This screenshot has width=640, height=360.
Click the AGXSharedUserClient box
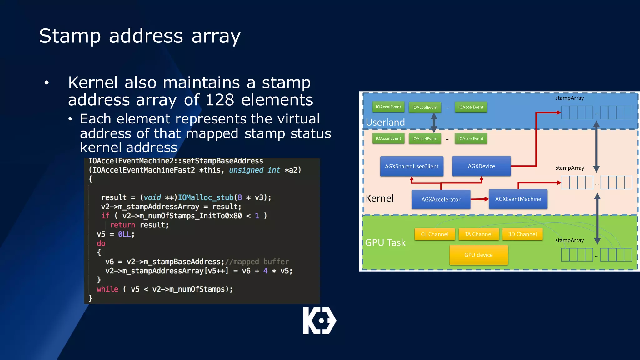[412, 166]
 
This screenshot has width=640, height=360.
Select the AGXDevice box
[481, 166]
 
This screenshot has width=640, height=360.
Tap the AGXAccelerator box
[441, 199]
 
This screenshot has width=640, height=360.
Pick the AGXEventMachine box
[518, 199]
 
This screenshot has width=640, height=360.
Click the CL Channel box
[434, 234]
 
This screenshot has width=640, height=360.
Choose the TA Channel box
[478, 234]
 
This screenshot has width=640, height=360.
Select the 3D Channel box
[522, 234]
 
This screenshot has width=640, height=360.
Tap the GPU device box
[478, 255]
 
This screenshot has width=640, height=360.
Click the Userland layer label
[385, 122]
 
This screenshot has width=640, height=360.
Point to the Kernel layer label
[379, 198]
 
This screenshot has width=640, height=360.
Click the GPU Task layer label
[385, 242]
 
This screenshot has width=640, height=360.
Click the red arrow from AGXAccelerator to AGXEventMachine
[479, 199]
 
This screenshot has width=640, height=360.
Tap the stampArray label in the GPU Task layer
[569, 240]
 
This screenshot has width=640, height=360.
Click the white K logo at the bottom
[319, 321]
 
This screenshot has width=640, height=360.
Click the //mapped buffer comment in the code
[257, 262]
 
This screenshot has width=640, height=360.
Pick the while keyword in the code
[107, 289]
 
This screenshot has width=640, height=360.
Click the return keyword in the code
[122, 225]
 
